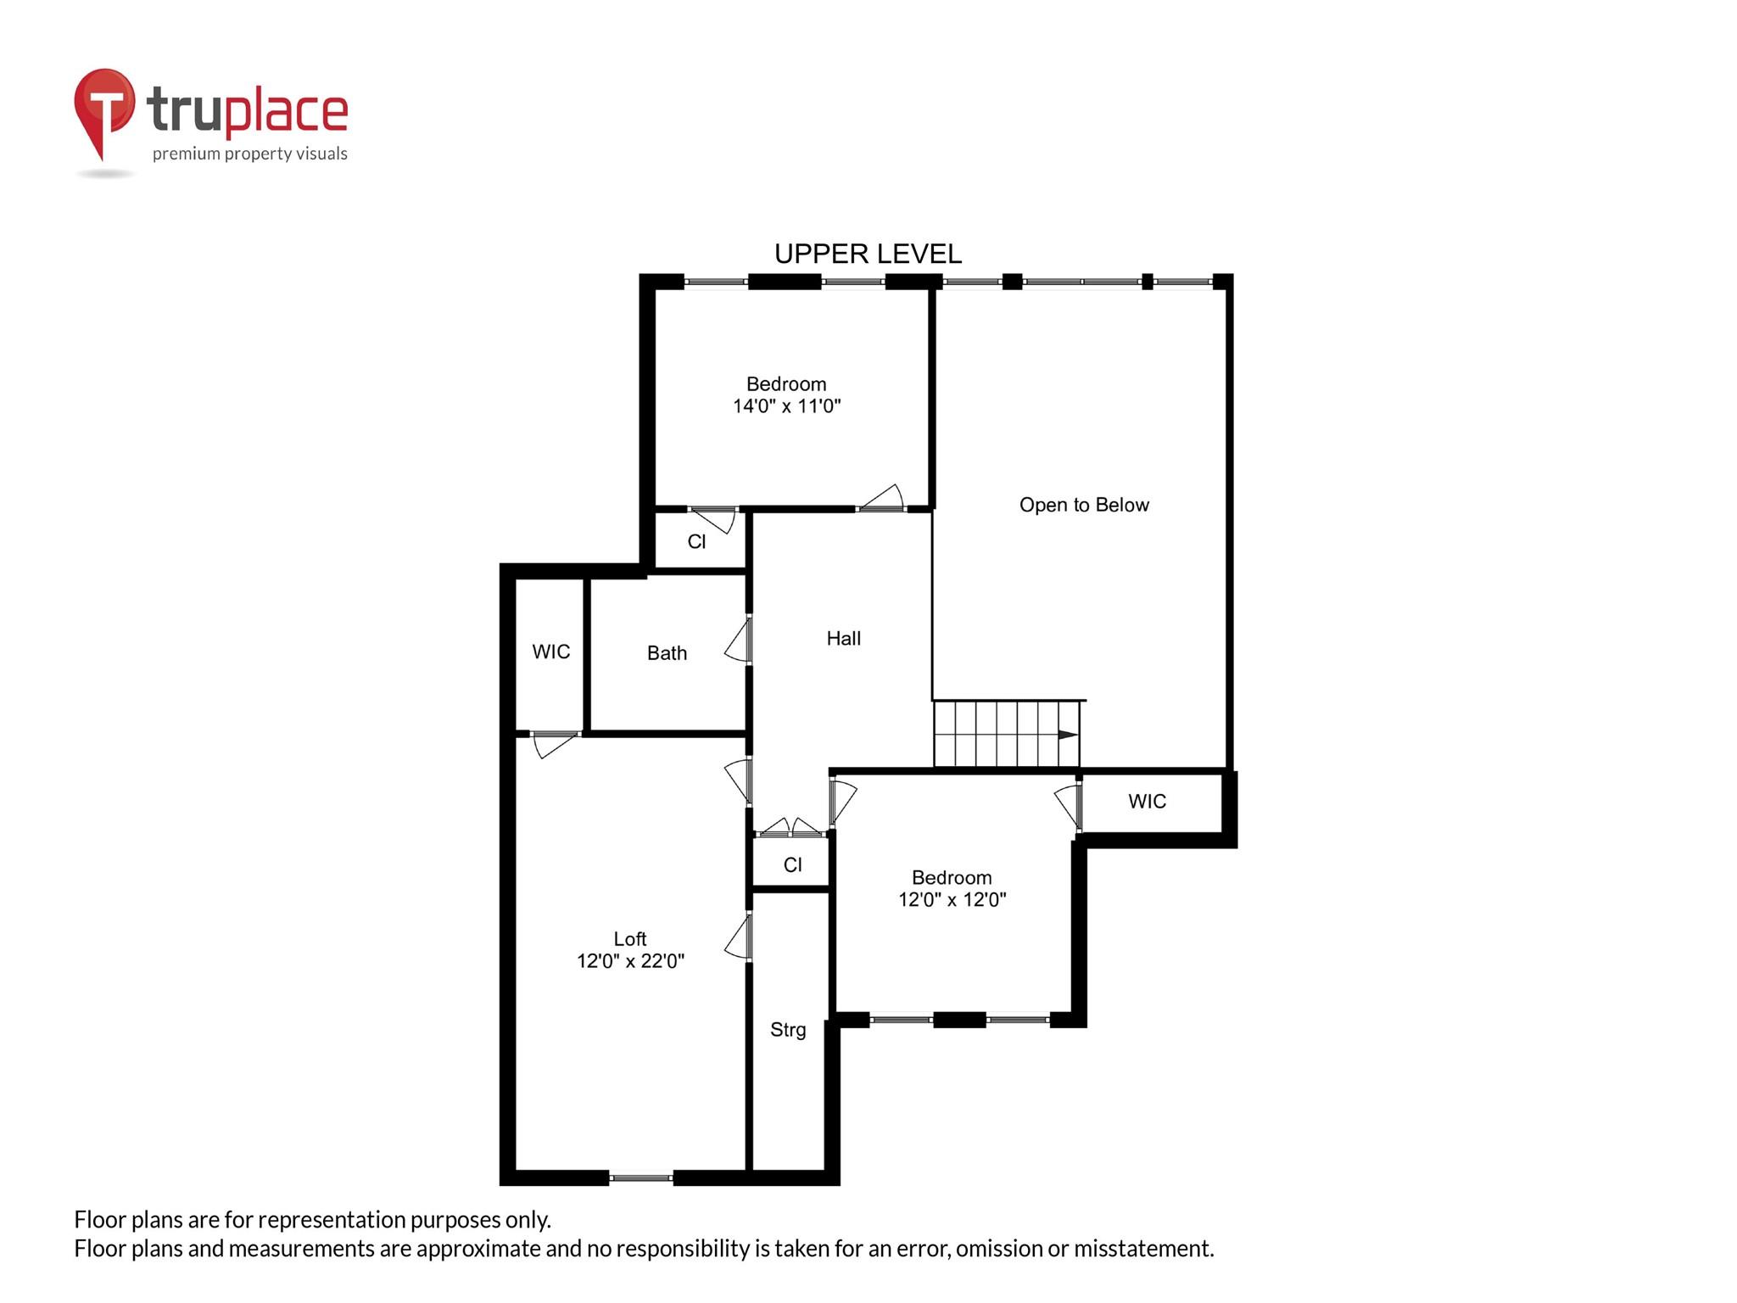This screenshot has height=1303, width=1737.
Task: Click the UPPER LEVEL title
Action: pyautogui.click(x=868, y=254)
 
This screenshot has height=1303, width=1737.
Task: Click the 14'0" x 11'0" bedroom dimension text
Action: pyautogui.click(x=786, y=406)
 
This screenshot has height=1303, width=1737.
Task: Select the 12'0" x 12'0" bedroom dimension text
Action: pyautogui.click(x=952, y=900)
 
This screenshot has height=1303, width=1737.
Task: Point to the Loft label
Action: pyautogui.click(x=629, y=939)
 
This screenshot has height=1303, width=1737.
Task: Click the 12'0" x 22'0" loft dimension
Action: pyautogui.click(x=630, y=961)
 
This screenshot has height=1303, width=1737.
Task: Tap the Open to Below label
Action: pyautogui.click(x=1084, y=505)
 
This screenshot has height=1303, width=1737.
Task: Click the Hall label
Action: pyautogui.click(x=843, y=639)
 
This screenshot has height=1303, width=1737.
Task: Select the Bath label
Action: pyautogui.click(x=667, y=653)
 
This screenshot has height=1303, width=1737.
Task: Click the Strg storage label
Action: pyautogui.click(x=788, y=1030)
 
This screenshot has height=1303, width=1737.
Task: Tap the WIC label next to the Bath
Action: pyautogui.click(x=550, y=651)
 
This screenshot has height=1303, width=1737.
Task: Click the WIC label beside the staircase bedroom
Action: pyautogui.click(x=1147, y=802)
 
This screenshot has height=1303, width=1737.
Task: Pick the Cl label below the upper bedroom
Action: pyautogui.click(x=696, y=542)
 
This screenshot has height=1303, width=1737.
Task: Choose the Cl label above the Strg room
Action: pyautogui.click(x=792, y=865)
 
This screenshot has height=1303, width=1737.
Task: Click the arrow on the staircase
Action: pyautogui.click(x=1068, y=735)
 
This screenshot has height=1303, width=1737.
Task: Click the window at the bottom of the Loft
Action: pyautogui.click(x=641, y=1177)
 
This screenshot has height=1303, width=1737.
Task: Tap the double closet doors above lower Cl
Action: pyautogui.click(x=790, y=828)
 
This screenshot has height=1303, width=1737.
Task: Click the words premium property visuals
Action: pyautogui.click(x=249, y=154)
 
